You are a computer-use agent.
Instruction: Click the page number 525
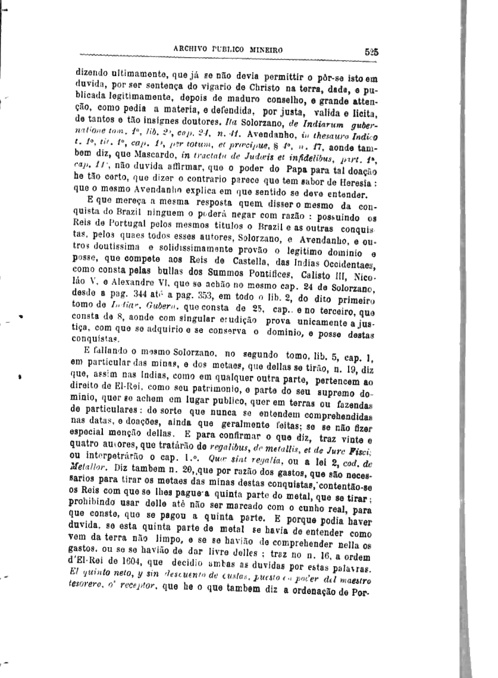[372, 51]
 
